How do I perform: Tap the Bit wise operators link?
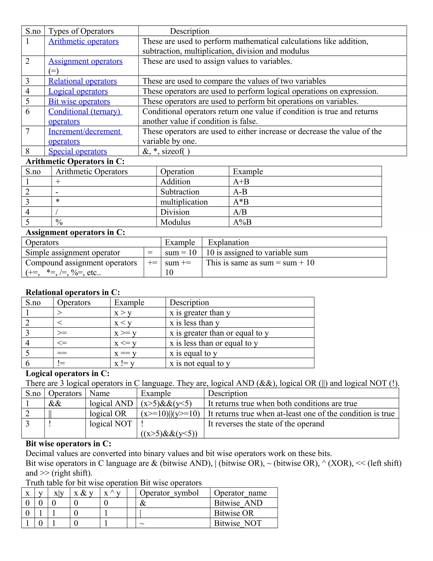(79, 101)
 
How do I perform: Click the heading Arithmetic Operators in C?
(75, 161)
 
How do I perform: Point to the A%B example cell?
(242, 222)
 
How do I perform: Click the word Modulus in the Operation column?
(175, 222)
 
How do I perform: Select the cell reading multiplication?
(184, 202)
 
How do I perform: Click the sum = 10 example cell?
(181, 253)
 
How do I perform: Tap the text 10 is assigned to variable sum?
(257, 253)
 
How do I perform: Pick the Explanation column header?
(228, 242)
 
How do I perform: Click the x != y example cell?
(124, 363)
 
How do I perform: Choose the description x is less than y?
(195, 323)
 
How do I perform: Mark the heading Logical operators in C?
(67, 373)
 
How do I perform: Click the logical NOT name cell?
(111, 424)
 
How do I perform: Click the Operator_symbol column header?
(169, 493)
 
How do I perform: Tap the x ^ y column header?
(112, 493)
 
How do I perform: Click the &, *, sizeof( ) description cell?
(166, 151)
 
